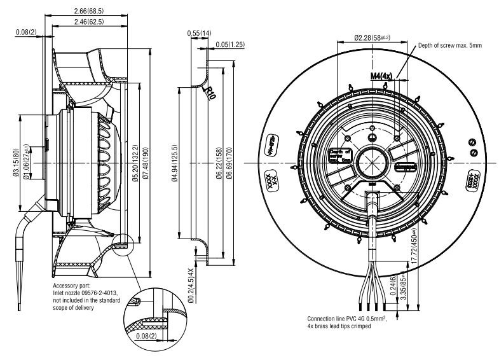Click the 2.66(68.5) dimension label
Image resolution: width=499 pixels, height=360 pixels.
pos(90,11)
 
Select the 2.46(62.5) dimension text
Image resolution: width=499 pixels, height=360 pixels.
pos(89,22)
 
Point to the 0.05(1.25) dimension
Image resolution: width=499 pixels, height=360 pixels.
pos(230,44)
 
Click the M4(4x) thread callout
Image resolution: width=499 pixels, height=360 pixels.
pos(382,76)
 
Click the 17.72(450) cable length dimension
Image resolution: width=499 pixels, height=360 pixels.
pos(414,247)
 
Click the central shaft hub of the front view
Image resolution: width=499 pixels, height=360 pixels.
pos(368,160)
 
